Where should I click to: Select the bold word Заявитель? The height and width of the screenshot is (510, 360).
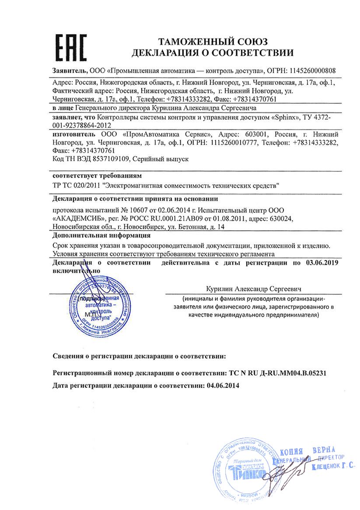(70, 70)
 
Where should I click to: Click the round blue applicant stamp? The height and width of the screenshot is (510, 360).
(99, 305)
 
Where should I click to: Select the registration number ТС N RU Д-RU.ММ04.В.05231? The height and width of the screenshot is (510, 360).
(278, 373)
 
